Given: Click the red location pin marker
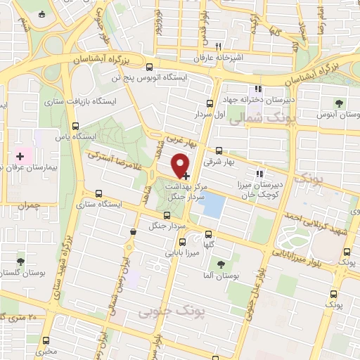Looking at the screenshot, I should click(x=181, y=165).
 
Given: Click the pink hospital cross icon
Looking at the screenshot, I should click(x=20, y=155).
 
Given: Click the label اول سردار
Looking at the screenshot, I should click(x=209, y=114).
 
